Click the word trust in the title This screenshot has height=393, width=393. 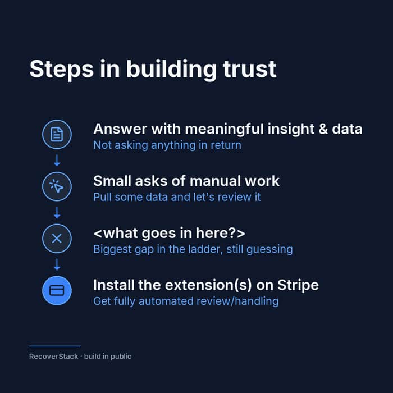coord(249,69)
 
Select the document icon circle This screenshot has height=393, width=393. coord(57,135)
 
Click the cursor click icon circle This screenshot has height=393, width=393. coord(57,186)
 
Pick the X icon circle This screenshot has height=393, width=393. coord(57,239)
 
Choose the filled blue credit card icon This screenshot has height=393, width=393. coord(57,290)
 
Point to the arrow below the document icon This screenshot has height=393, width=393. coord(57,161)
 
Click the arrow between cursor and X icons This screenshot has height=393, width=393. coord(57,213)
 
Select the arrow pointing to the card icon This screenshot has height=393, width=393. coord(57,264)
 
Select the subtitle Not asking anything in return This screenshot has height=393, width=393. coord(167,145)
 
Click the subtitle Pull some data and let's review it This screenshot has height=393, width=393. coord(177,197)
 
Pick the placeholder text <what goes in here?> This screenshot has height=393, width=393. coord(170,234)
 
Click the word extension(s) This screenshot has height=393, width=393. coord(208,285)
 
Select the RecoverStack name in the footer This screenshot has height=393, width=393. coord(54,357)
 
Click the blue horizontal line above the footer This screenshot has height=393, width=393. coord(55,346)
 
